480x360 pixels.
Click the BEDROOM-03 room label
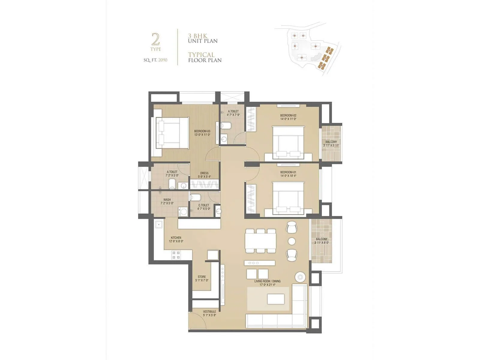[202, 133]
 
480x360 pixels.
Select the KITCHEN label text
[176, 239]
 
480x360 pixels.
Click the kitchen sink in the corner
[158, 224]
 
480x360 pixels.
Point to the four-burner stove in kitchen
[176, 255]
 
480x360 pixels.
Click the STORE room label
[202, 278]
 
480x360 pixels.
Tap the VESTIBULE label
[209, 313]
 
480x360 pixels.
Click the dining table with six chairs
[260, 241]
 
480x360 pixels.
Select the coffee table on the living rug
[276, 299]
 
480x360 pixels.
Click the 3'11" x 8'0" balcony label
[321, 241]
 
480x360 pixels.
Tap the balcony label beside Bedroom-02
[331, 143]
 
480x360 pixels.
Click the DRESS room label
[204, 175]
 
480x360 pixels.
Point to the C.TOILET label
[204, 207]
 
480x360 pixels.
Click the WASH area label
[167, 201]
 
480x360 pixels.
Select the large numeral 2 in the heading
[155, 39]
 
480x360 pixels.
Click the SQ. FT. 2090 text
[155, 60]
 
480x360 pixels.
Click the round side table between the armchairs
[292, 241]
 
